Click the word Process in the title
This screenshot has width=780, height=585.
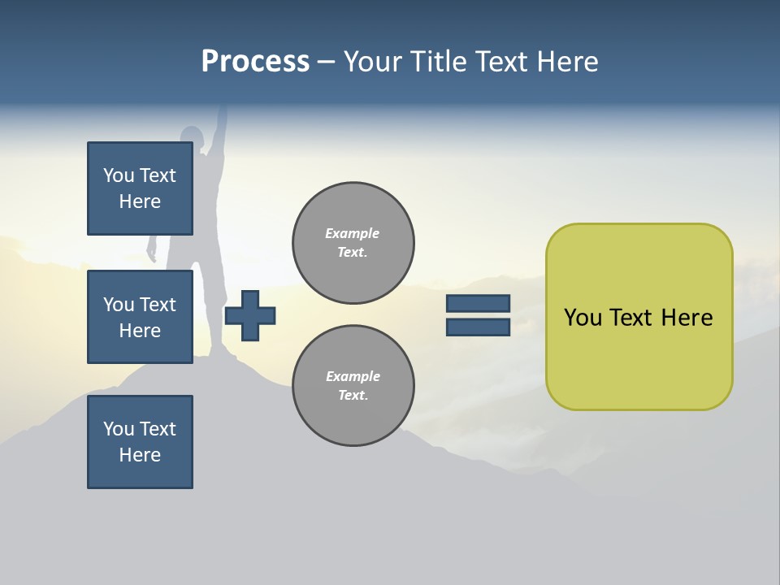pyautogui.click(x=255, y=62)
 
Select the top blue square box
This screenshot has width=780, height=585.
pyautogui.click(x=140, y=188)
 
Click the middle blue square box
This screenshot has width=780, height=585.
pyautogui.click(x=140, y=317)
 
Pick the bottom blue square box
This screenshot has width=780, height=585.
pyautogui.click(x=140, y=441)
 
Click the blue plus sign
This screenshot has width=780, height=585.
pyautogui.click(x=250, y=315)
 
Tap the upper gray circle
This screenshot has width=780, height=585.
pyautogui.click(x=353, y=243)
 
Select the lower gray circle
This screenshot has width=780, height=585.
pyautogui.click(x=353, y=386)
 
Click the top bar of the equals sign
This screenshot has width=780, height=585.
pyautogui.click(x=478, y=303)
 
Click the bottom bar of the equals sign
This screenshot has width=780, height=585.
pyautogui.click(x=478, y=327)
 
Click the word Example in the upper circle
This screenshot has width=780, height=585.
pyautogui.click(x=353, y=233)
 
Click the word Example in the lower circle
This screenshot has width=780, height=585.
pyautogui.click(x=353, y=376)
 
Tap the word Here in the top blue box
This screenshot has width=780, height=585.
pyautogui.click(x=140, y=201)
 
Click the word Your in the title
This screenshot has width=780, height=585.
pyautogui.click(x=371, y=62)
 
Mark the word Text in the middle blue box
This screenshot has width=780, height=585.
pyautogui.click(x=157, y=305)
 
